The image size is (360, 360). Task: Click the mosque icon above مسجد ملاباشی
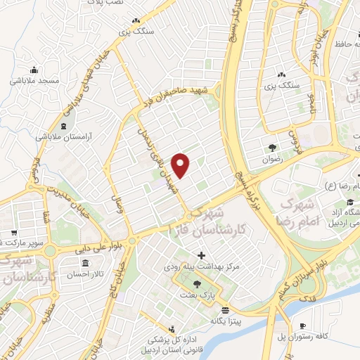(x=33, y=70)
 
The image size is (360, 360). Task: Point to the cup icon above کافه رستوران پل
(x=302, y=326)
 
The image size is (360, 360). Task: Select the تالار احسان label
(x=83, y=276)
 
